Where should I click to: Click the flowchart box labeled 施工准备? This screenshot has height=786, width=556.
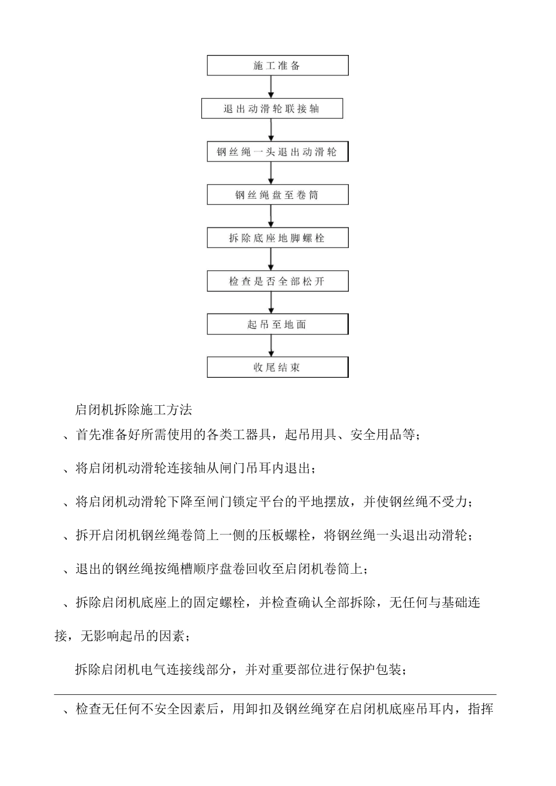277,65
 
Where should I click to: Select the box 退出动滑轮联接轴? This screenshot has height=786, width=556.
272,109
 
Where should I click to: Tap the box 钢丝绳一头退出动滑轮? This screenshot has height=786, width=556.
277,152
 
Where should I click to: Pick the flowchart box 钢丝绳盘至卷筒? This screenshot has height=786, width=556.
277,195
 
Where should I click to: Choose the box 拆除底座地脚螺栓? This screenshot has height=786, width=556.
277,238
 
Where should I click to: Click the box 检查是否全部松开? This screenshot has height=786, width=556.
277,281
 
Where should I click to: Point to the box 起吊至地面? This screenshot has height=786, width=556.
277,325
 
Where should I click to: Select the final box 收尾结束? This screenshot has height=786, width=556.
277,368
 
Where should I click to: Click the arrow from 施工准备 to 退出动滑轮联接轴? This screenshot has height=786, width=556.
271,87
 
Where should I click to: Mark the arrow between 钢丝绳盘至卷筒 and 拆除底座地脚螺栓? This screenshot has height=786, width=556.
271,216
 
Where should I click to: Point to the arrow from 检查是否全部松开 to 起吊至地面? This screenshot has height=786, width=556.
271,303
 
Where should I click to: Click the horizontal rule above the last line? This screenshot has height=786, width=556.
275,695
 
